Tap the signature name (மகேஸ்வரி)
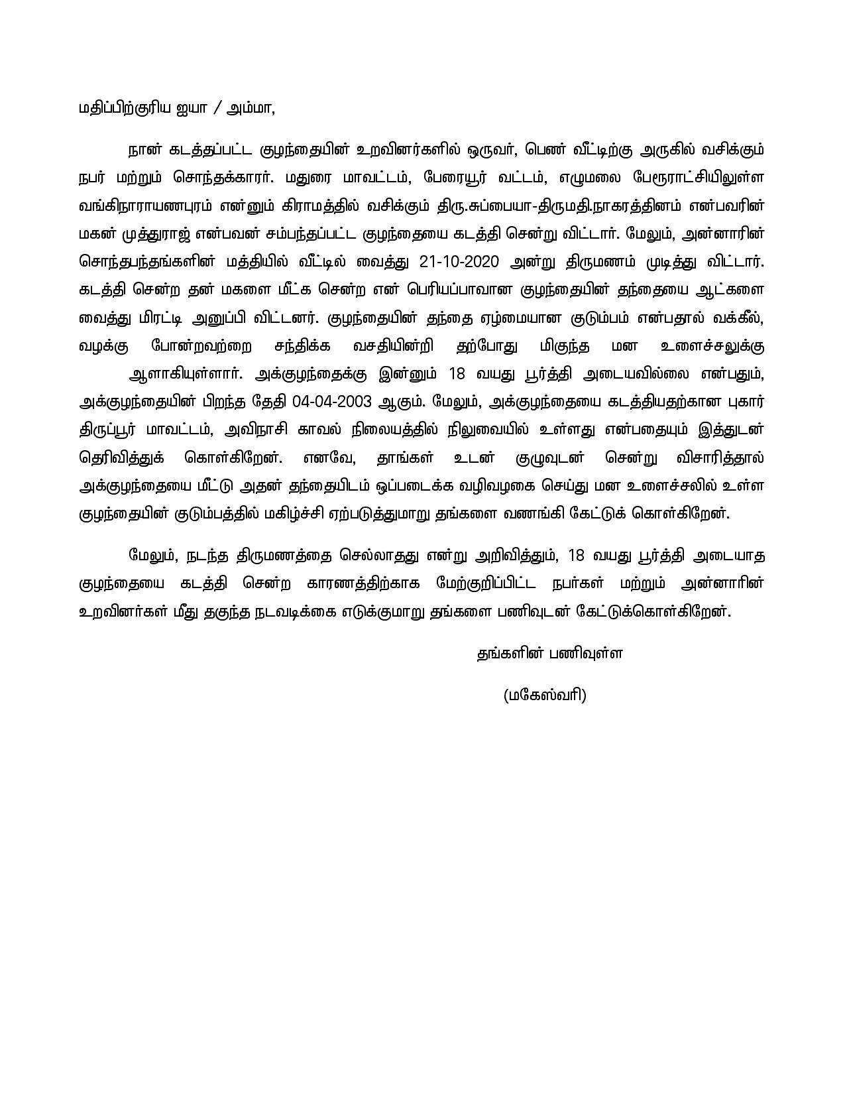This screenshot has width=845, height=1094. (545, 695)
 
